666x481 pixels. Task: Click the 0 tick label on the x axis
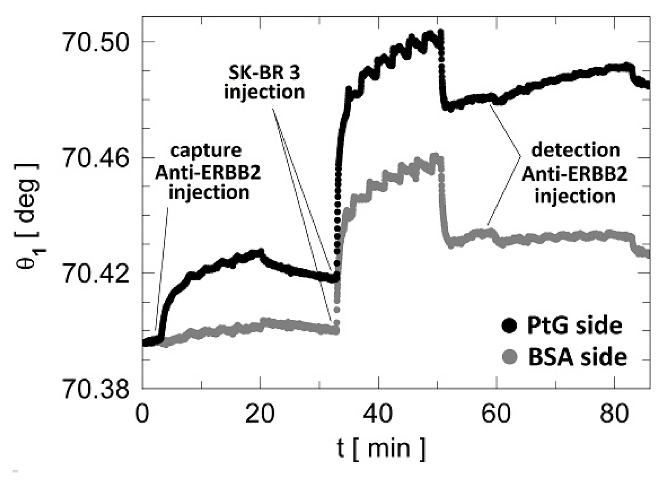142,414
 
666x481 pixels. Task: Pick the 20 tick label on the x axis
260,414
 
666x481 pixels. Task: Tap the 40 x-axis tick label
378,414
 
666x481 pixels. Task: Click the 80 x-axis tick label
614,414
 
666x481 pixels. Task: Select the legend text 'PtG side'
574,326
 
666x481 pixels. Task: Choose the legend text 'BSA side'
577,357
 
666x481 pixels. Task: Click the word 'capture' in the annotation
206,150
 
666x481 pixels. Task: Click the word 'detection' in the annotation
575,150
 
